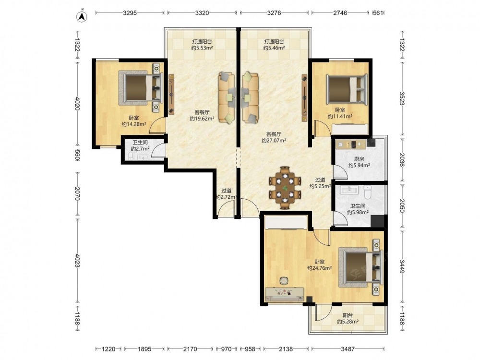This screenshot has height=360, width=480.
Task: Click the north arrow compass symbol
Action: tap(81, 16)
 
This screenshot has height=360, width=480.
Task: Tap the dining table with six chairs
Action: tap(285, 188)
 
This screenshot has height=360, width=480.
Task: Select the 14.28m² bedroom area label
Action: tap(134, 121)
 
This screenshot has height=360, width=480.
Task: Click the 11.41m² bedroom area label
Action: tap(340, 113)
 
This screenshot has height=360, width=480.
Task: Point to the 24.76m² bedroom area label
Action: tap(320, 265)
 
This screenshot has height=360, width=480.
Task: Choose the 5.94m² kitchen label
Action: tap(359, 162)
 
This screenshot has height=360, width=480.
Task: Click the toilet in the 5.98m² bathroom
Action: tap(367, 192)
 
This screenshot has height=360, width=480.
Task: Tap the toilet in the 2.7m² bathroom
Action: tap(131, 156)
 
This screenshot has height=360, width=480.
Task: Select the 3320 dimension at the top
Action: tap(202, 13)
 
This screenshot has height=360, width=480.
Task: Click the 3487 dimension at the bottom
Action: tap(348, 348)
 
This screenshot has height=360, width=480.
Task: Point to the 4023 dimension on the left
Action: tap(77, 260)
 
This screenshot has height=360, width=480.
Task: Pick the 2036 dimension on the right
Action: tap(402, 159)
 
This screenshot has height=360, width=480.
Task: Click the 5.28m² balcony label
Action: tap(348, 318)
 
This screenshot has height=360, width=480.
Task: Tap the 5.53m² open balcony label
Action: tap(202, 45)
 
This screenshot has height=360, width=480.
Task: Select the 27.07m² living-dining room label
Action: tap(274, 137)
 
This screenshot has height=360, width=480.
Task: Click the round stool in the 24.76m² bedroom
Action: tap(284, 281)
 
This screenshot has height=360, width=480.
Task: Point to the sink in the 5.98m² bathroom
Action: tap(348, 190)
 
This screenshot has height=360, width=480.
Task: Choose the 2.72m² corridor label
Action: tap(226, 194)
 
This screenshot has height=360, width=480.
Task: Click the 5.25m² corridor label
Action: tap(320, 183)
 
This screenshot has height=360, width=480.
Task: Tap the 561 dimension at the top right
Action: tap(378, 13)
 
